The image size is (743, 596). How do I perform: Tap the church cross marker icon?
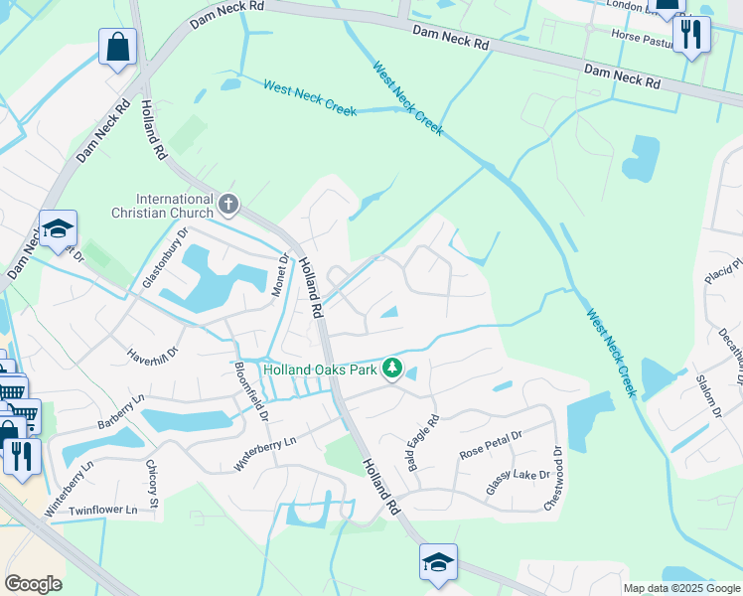(228, 205)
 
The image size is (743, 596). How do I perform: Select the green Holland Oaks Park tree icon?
(392, 370)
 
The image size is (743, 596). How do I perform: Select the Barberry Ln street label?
(120, 412)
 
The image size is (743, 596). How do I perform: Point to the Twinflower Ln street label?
(102, 510)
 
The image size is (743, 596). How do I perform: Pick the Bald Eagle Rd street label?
(421, 443)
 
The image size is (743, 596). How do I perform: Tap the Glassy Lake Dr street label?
(517, 482)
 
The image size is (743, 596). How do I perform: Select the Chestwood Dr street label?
(552, 478)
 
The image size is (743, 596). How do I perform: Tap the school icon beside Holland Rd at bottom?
(438, 563)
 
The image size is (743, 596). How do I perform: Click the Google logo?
(33, 584)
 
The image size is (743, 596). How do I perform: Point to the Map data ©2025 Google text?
(681, 588)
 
